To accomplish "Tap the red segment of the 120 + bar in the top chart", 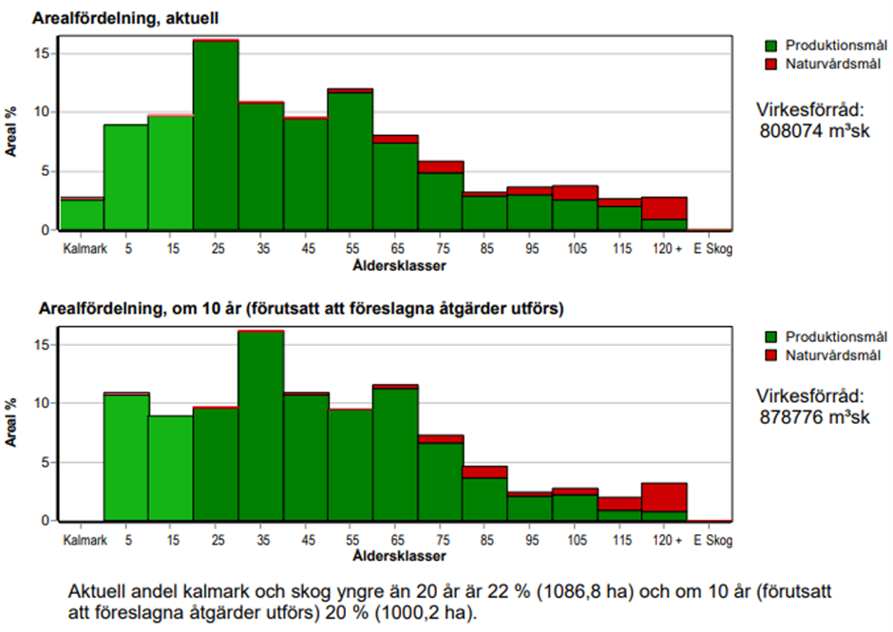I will tap(664, 208).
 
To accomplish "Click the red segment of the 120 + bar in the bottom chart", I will tap(664, 497).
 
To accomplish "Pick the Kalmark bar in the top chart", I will tap(82, 215).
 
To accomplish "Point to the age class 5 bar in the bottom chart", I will tap(126, 457).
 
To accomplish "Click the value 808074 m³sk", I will tap(815, 131).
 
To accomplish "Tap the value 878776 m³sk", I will tap(815, 416).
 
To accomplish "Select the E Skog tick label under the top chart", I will tap(710, 251).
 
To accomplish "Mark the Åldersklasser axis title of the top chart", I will tap(395, 266).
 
